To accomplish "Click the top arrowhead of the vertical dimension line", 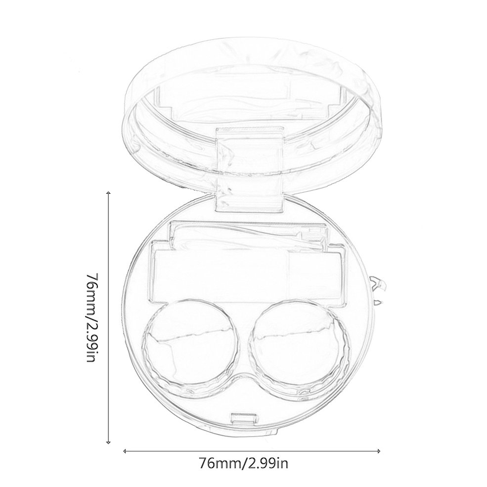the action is pos(108,193).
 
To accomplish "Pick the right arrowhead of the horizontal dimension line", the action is pos(378,451).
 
